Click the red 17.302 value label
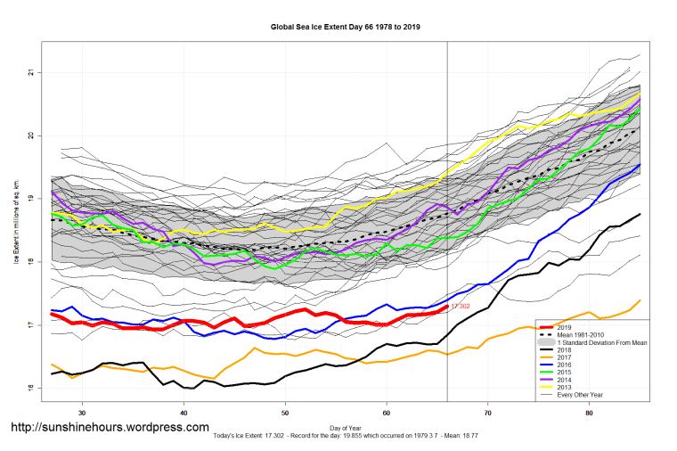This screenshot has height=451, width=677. click(461, 306)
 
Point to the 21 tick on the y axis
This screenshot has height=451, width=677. click(30, 72)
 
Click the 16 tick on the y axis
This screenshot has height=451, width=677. click(30, 389)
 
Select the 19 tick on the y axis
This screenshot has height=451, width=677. click(30, 199)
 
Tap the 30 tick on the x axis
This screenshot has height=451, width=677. click(82, 413)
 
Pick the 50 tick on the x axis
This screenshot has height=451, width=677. click(285, 413)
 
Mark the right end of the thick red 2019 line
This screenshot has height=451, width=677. click(446, 307)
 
